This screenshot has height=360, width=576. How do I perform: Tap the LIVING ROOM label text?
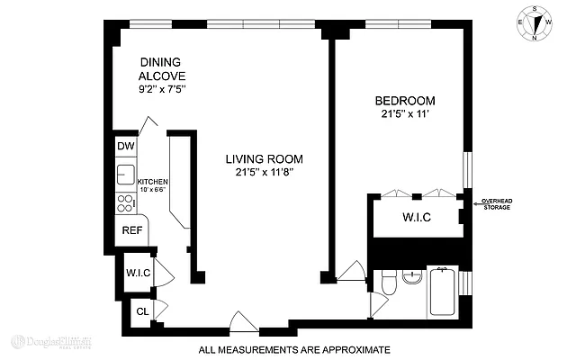[264, 158]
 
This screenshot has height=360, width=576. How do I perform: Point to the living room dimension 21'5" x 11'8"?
[264, 172]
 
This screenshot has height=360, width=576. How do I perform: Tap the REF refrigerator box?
[131, 230]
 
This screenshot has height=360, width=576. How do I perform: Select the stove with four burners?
[123, 203]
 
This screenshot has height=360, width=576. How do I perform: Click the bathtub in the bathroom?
[442, 292]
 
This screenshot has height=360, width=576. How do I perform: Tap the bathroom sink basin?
[412, 276]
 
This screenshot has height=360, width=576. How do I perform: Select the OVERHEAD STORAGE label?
[497, 204]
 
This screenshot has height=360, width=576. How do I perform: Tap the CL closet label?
[141, 312]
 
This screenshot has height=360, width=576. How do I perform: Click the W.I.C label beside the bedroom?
[417, 217]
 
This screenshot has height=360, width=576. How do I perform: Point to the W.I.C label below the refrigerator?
[137, 272]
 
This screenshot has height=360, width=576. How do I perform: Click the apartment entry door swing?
[243, 320]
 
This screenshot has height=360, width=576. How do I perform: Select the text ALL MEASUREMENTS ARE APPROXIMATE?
[293, 348]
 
